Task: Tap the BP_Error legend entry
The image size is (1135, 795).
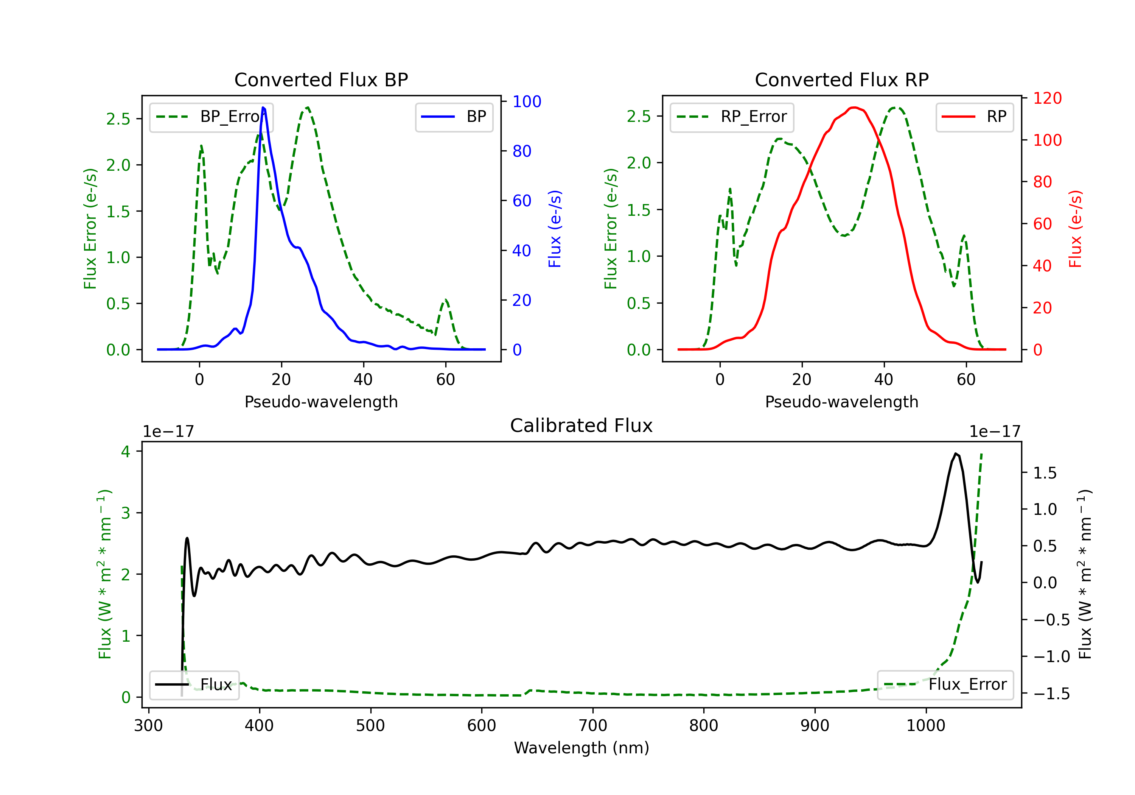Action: (211, 117)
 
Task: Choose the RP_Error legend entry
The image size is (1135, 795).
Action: (732, 117)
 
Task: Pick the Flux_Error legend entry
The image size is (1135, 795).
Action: (945, 685)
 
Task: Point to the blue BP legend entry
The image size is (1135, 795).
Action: (454, 117)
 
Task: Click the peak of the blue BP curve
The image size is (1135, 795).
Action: (263, 108)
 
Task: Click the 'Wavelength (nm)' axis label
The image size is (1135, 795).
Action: (581, 748)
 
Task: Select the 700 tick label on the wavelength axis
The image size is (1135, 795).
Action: (593, 726)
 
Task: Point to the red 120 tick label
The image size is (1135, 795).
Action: (1047, 98)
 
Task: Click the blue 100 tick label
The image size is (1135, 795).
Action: (527, 102)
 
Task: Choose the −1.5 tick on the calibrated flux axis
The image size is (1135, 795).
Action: (1051, 694)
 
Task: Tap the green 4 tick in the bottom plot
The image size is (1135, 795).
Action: (126, 452)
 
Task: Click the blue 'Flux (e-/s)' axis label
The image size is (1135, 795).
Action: (555, 229)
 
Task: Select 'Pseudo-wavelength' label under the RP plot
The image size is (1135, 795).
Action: (841, 402)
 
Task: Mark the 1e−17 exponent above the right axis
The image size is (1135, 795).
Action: (995, 432)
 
